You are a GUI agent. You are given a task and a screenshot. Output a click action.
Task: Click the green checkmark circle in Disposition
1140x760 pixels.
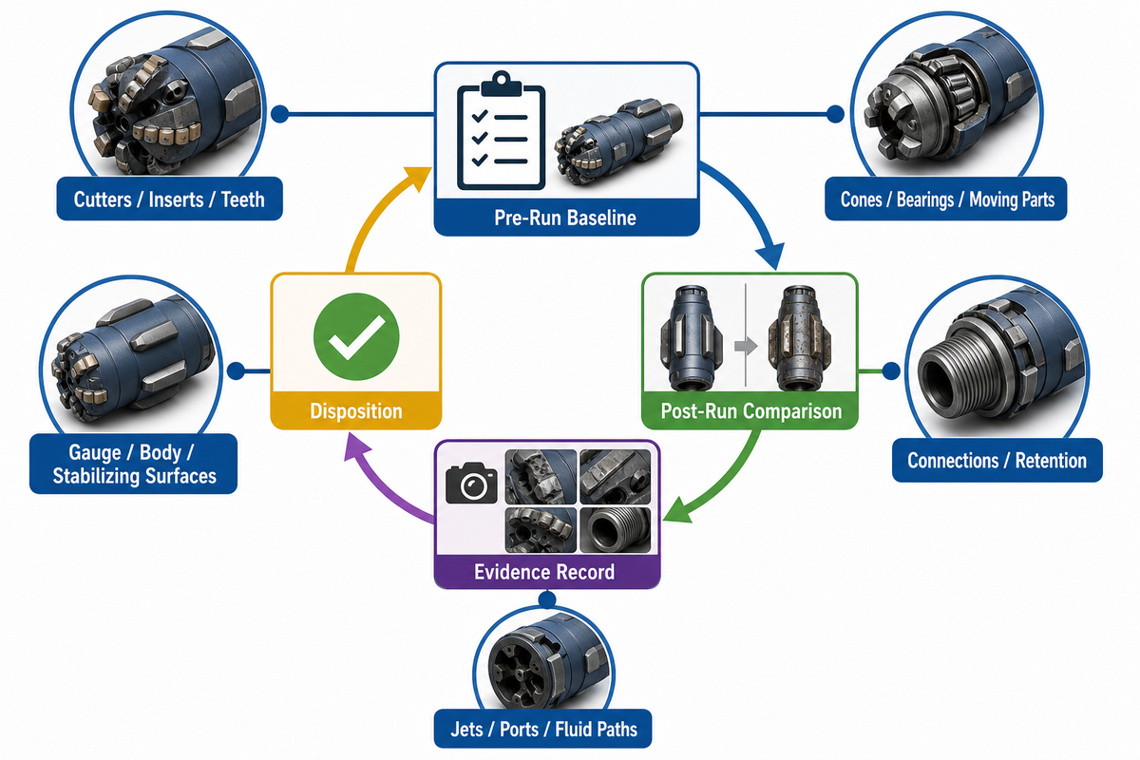point(356,336)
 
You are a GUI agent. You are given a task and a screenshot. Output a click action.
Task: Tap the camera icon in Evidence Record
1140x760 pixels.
point(471,483)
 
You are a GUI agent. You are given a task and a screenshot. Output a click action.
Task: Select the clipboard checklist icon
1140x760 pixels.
point(502,131)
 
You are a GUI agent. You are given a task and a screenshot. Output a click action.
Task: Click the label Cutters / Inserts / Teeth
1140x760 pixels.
point(169,199)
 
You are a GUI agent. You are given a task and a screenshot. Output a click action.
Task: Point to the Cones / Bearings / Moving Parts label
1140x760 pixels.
point(947,199)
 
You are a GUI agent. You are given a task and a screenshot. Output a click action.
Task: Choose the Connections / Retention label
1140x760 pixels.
point(997,460)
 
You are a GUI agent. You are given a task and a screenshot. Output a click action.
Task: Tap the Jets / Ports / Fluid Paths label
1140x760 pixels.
point(543,729)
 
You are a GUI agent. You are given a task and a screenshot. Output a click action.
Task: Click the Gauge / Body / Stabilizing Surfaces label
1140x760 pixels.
point(134,464)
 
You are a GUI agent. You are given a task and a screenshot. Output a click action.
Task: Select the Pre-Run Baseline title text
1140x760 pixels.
point(565,218)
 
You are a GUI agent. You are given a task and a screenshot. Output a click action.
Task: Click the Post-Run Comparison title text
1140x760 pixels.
point(751,410)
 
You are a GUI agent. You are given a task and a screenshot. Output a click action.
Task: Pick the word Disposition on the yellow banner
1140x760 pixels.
point(356,410)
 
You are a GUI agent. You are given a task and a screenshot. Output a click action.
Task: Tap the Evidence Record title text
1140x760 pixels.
point(544,572)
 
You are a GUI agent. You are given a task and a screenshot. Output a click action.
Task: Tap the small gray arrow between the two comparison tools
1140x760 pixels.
point(746,346)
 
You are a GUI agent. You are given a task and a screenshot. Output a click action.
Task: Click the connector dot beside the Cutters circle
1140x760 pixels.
point(279,114)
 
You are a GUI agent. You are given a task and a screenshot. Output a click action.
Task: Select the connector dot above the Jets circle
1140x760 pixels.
point(546,599)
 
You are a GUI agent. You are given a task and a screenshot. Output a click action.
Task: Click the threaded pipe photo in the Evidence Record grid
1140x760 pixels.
point(615,530)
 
